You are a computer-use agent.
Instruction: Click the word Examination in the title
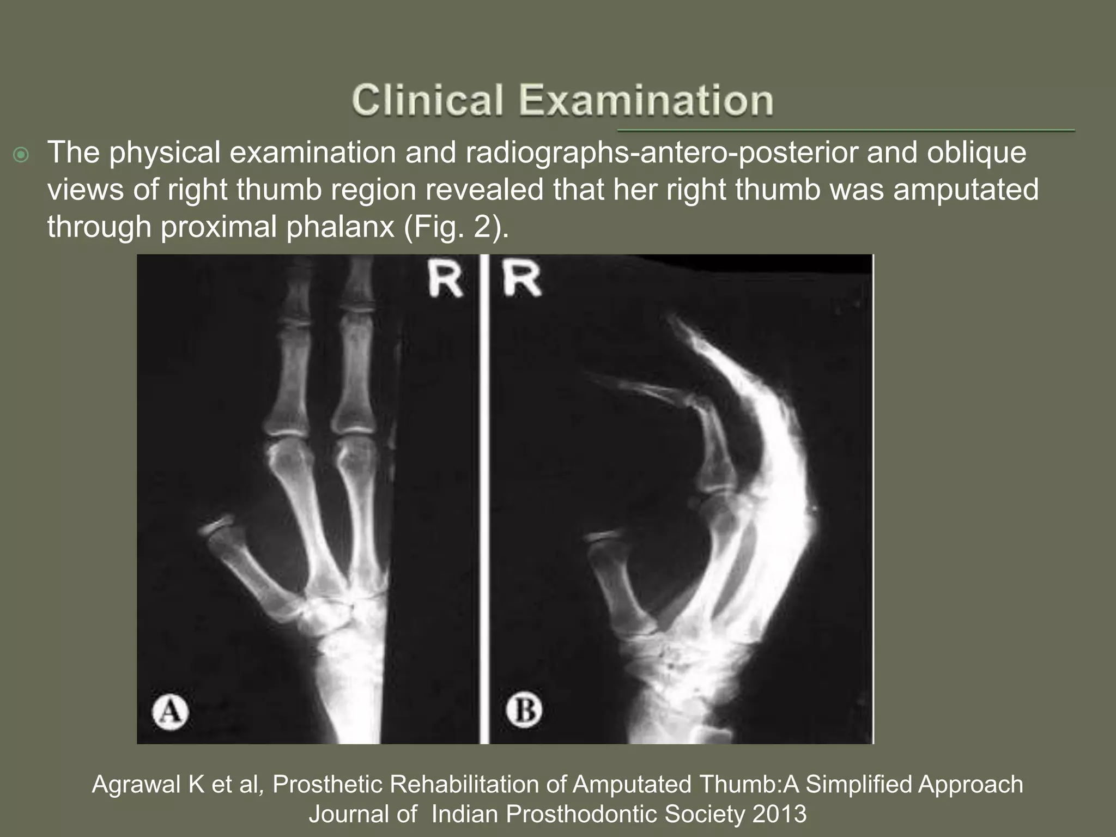pos(646,100)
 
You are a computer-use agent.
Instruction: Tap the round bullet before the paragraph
pos(21,156)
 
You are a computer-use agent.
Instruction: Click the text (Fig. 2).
pos(456,227)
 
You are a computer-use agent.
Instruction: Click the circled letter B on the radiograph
pos(524,710)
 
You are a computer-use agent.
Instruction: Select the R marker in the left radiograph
pos(445,280)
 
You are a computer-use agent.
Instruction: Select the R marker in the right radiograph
pos(522,280)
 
